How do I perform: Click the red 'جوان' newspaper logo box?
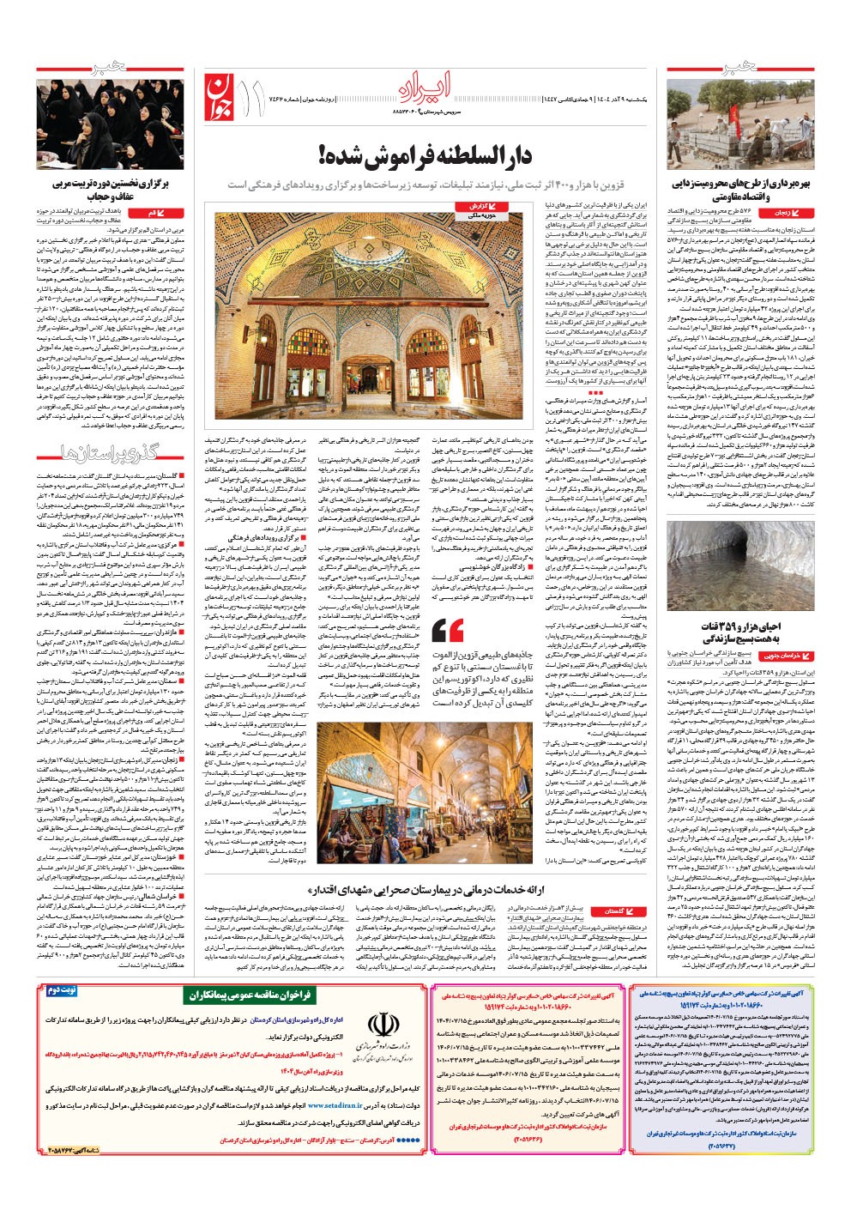click(x=220, y=95)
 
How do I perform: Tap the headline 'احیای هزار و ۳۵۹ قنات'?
click(x=740, y=632)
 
